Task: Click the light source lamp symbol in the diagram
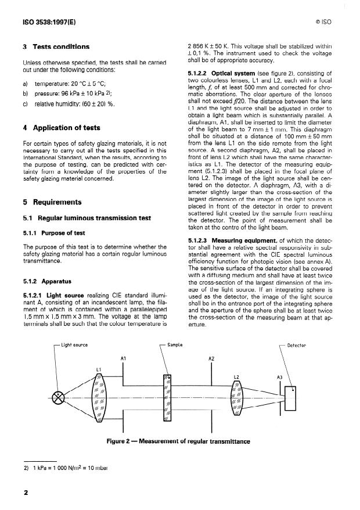(x=59, y=397)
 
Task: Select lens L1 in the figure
(x=98, y=397)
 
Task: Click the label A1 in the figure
(x=123, y=359)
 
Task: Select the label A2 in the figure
(x=211, y=359)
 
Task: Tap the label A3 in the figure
(x=279, y=377)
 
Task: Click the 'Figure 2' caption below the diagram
(x=178, y=441)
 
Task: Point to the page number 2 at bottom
(x=26, y=493)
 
